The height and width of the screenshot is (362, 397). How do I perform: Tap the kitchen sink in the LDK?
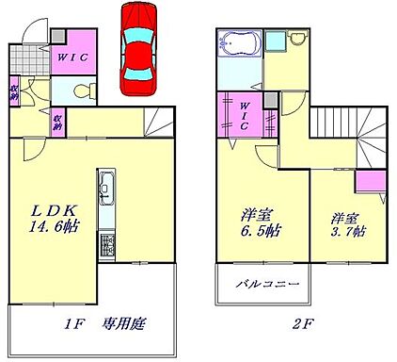click(105, 188)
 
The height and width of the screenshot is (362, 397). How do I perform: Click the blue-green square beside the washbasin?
click(275, 41)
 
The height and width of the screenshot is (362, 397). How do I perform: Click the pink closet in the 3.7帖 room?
click(365, 181)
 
